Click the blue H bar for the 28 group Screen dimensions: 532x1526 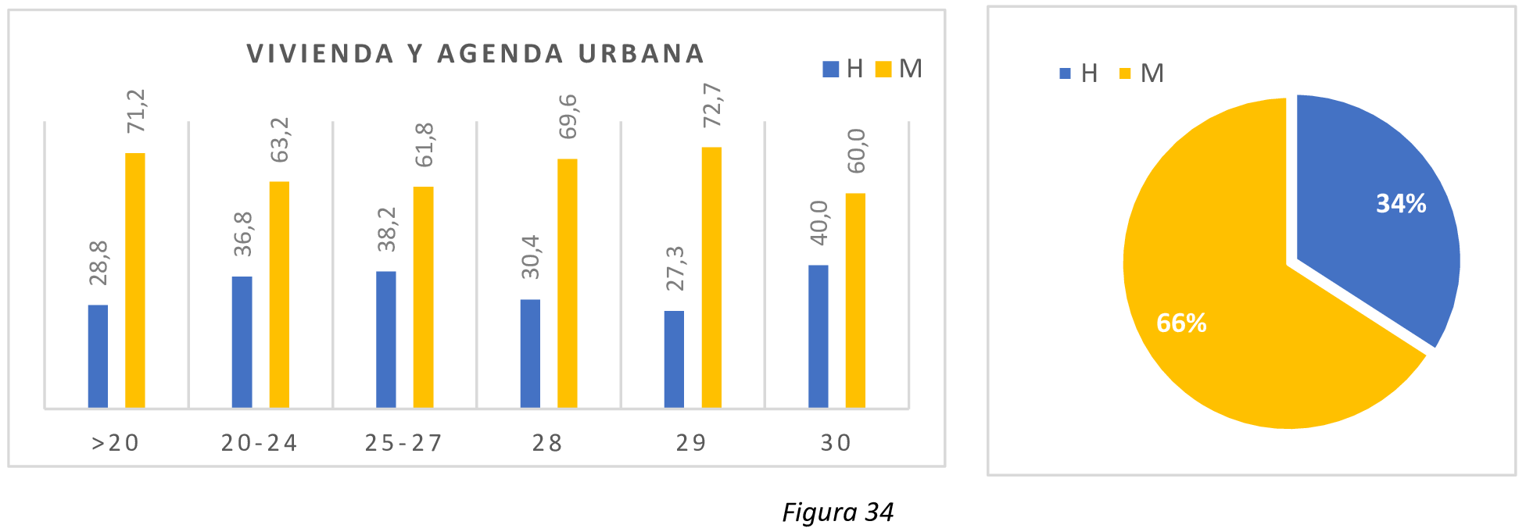530,353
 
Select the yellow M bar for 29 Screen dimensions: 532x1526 711,277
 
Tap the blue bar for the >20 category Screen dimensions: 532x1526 98,356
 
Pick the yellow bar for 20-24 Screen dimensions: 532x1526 279,295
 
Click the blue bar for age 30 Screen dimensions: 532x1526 818,336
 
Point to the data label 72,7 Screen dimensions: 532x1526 712,105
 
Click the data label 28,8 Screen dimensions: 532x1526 99,263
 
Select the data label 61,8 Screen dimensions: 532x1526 424,145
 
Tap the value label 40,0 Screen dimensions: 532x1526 819,223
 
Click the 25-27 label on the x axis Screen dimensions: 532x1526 403,443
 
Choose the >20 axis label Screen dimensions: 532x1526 116,443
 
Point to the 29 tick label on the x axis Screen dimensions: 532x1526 691,443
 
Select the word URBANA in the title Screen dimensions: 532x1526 641,54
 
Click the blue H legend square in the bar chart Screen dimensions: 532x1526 830,69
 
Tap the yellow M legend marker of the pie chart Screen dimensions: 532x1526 1125,73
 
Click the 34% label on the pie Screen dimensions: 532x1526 1400,204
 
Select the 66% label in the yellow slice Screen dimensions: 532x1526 1180,323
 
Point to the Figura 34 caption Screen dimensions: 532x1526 837,512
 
